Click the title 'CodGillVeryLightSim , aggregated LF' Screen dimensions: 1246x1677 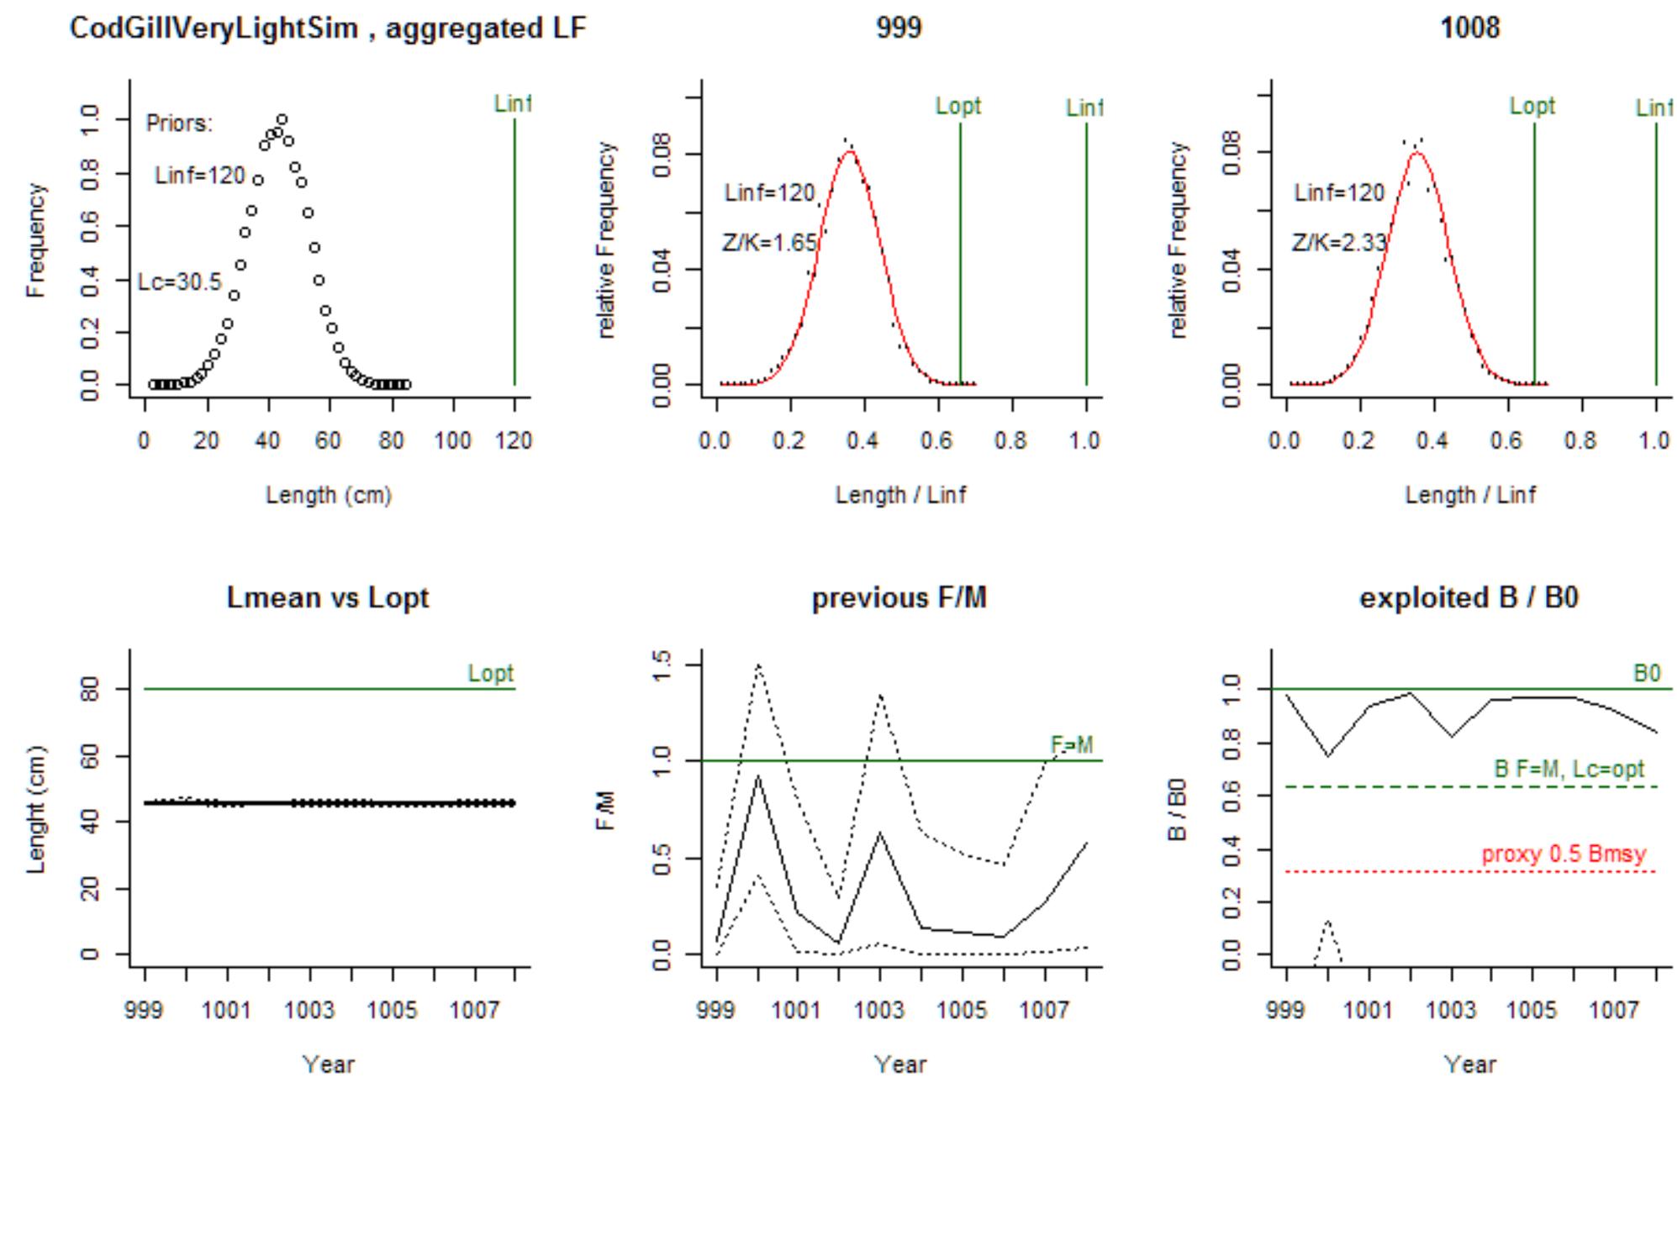[327, 29]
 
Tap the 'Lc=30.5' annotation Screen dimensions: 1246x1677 [179, 282]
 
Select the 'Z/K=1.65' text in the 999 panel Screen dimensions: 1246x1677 [769, 244]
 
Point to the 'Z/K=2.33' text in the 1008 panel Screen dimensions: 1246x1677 [1339, 244]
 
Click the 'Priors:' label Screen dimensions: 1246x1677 [179, 124]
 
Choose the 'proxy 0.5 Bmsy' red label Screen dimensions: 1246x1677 [1563, 854]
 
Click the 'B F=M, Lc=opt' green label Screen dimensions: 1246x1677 [1569, 770]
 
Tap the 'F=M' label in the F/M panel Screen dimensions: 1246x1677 [1072, 745]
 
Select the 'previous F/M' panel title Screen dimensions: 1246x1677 [899, 598]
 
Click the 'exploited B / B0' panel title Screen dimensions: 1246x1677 [1469, 598]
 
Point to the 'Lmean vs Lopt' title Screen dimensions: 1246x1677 [327, 598]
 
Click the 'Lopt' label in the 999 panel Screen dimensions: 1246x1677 [958, 107]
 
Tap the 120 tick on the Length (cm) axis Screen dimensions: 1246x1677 [514, 441]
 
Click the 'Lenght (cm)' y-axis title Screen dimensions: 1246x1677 [35, 810]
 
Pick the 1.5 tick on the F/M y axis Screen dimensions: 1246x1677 [663, 665]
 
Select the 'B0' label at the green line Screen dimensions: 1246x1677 [1646, 674]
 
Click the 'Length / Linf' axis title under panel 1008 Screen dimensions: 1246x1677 [1469, 495]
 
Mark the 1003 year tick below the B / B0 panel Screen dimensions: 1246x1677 [1451, 1010]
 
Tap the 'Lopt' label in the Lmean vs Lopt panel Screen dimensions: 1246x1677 [490, 674]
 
